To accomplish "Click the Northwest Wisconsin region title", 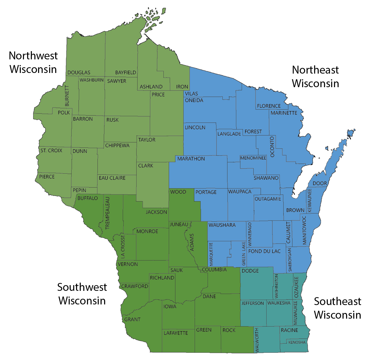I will click(x=33, y=62).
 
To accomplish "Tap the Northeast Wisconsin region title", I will click(x=315, y=76).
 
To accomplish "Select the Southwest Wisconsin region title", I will click(x=82, y=294).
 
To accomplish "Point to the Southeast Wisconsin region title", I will click(x=337, y=308).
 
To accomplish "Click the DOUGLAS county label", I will click(x=79, y=73).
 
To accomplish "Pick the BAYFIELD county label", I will click(x=126, y=73).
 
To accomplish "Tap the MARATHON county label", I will click(x=191, y=159).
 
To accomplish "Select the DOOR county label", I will click(x=320, y=183).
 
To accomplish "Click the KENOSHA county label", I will click(x=297, y=342).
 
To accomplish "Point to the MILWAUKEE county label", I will click(x=296, y=313).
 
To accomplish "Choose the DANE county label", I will click(x=209, y=297).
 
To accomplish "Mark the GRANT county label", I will click(x=132, y=320).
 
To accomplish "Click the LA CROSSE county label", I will click(x=123, y=246).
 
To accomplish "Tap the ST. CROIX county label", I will click(x=51, y=151).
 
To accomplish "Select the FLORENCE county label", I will click(x=269, y=106).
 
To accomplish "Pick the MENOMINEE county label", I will click(x=253, y=158).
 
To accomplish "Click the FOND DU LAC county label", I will click(x=264, y=251).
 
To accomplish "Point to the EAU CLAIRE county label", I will click(x=112, y=178).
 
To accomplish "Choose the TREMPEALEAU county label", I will click(x=107, y=213).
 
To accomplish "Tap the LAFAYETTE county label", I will click(x=176, y=333).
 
